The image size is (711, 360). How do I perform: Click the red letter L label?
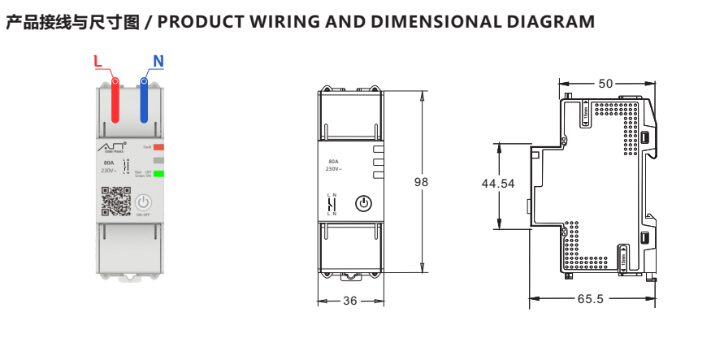pos(98,61)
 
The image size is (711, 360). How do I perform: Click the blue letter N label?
pos(158,61)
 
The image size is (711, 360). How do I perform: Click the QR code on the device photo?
pos(115,202)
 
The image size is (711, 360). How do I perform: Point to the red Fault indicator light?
pos(158,147)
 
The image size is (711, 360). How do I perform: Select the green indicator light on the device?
pos(158,173)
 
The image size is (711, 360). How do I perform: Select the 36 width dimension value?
pos(349,301)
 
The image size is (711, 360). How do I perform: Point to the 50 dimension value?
pos(606,83)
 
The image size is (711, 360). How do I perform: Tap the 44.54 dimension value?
pos(498,184)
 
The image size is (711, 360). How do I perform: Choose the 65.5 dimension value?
pos(591,299)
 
